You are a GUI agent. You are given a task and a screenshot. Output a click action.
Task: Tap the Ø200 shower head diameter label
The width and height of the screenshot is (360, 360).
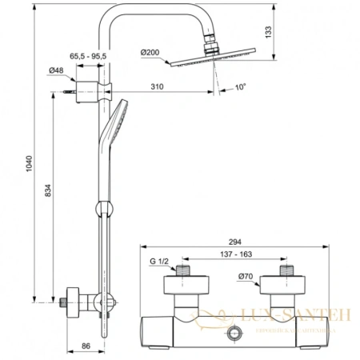[x=151, y=53]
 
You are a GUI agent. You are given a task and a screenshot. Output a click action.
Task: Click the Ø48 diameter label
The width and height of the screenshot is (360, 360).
[x=56, y=71]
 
